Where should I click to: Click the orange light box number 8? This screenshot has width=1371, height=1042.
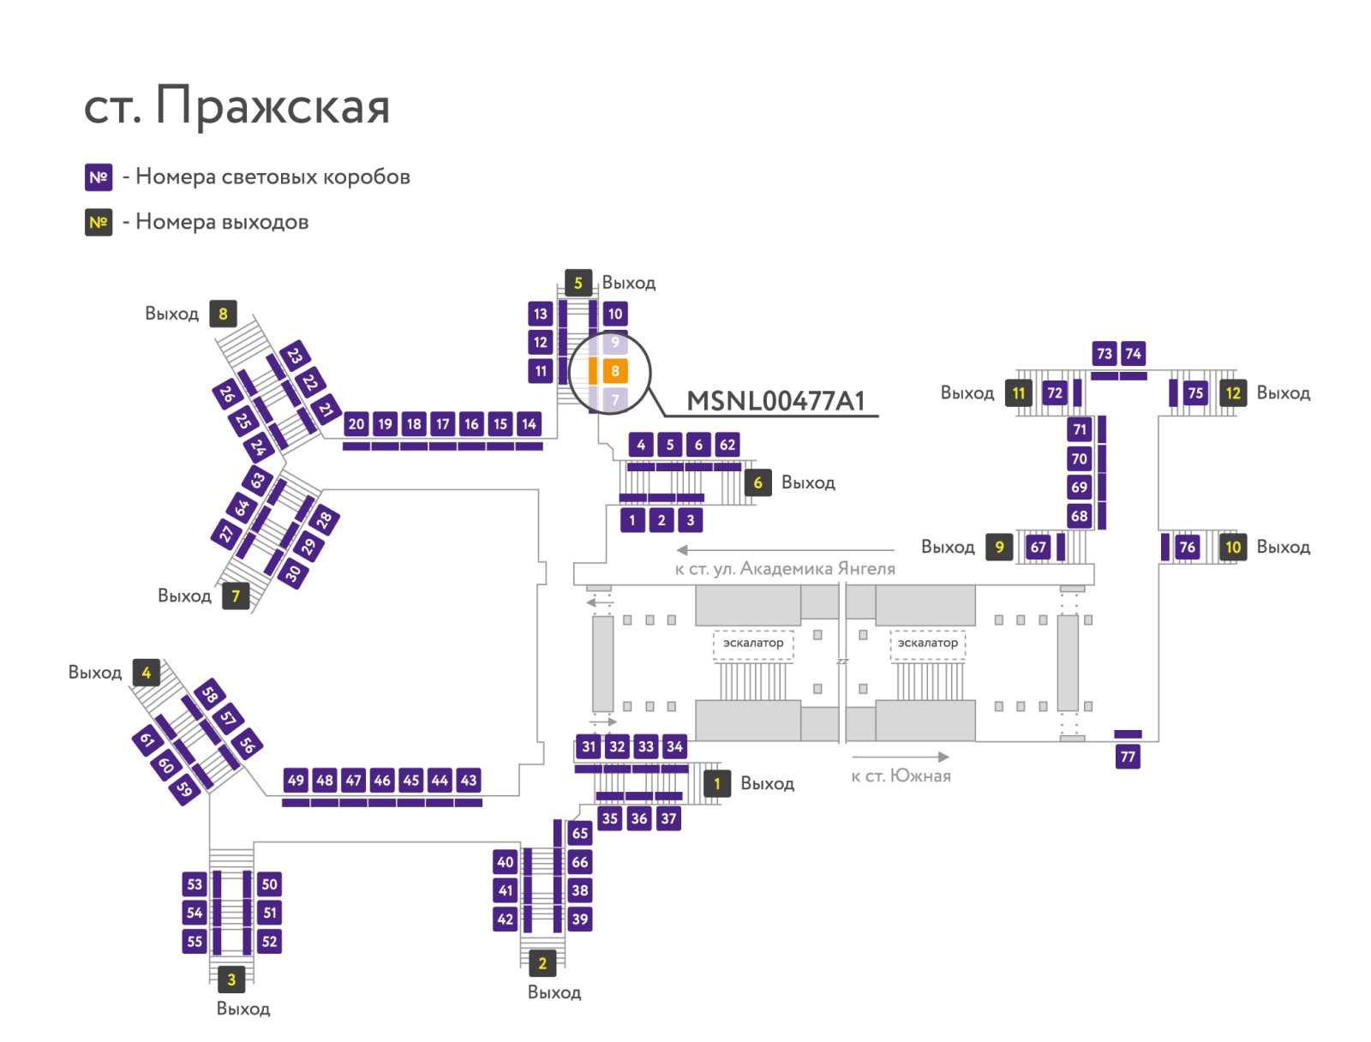point(614,371)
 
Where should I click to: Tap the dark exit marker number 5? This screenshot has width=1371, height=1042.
point(578,283)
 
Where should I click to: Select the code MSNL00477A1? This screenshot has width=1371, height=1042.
point(775,401)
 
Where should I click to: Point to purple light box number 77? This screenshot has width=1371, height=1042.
point(1128,757)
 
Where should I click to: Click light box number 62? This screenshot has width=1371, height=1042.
point(727,445)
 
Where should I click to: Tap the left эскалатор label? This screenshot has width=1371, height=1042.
point(752,643)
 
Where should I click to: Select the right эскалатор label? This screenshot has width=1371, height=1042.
point(927,643)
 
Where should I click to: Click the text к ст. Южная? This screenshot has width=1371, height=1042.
point(901,776)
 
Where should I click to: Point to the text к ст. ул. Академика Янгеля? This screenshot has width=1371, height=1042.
point(785,568)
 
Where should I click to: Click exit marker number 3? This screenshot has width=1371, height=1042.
point(231,979)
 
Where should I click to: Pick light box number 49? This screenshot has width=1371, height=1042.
point(296,780)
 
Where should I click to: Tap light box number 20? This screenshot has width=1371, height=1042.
point(356,424)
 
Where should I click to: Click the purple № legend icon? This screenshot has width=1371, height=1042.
point(99,177)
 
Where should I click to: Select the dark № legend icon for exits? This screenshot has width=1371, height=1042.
point(99,222)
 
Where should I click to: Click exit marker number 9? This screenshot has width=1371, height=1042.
point(999,547)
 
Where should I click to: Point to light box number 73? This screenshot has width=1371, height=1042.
point(1105,353)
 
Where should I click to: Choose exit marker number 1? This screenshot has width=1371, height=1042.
point(717,783)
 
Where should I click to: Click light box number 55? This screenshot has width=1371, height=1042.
point(195,941)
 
